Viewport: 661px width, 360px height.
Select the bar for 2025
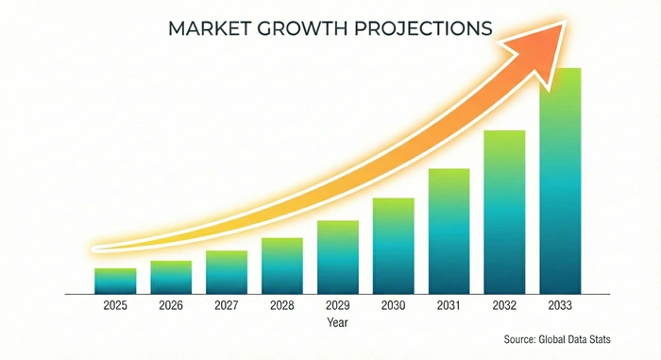click(115, 281)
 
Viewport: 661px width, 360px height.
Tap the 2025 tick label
click(115, 306)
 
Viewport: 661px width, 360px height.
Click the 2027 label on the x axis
click(227, 306)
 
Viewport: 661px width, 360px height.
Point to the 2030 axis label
click(393, 306)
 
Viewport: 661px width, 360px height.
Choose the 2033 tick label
click(560, 306)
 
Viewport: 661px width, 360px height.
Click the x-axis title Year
click(337, 322)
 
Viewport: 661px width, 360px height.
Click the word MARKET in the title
click(210, 28)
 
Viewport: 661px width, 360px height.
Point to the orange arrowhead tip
click(565, 21)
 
